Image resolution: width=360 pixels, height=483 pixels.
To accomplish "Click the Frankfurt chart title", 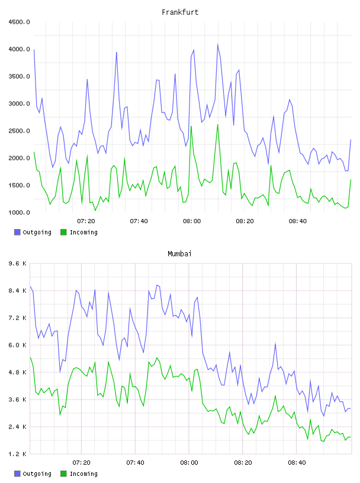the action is point(180,12).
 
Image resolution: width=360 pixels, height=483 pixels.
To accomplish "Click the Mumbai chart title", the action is point(179,254).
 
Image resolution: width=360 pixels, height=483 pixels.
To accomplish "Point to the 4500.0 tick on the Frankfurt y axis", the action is point(20,22).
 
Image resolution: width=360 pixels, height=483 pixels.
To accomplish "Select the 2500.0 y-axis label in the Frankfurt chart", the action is point(20,131).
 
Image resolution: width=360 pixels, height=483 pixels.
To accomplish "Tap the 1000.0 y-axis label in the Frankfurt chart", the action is point(20,212).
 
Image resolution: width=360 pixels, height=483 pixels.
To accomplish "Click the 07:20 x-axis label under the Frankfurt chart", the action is point(86,221).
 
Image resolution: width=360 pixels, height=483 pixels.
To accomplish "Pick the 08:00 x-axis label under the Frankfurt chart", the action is point(192,221).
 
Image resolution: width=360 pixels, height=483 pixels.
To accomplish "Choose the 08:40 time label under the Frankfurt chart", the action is point(298,221).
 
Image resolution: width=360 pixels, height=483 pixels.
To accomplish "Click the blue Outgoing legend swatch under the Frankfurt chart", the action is point(17,232).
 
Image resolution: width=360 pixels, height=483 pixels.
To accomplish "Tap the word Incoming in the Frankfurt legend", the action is point(83,233).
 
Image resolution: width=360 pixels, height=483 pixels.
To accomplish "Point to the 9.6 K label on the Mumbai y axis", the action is point(18,263).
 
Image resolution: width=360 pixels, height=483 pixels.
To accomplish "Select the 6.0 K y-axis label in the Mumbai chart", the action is point(18,345).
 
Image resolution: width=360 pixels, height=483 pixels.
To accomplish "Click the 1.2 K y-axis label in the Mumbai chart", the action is point(18,454).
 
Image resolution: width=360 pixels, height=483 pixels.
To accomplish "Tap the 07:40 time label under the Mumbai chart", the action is point(136,463).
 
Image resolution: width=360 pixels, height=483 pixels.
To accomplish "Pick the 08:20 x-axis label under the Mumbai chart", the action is point(243,463).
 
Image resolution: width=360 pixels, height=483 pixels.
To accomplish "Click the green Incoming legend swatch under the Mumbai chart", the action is point(63,474).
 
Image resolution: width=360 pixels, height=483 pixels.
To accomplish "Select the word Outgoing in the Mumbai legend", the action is point(37,474).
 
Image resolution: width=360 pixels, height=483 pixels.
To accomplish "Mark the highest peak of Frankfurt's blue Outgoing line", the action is point(218,44).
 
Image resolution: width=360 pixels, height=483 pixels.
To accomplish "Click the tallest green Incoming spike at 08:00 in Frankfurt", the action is point(191,126).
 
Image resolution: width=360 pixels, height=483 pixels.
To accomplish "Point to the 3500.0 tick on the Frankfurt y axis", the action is point(20,76).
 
